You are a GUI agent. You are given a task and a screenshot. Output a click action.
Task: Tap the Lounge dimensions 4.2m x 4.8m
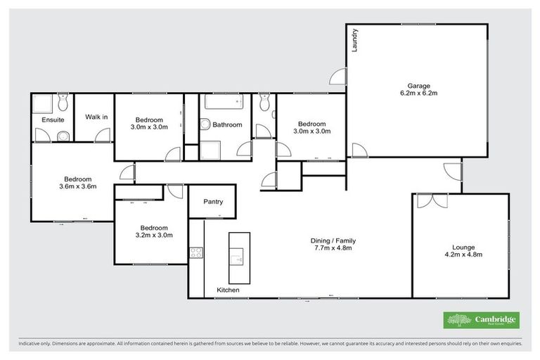point(463,255)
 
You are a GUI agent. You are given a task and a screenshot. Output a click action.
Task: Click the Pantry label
point(213,202)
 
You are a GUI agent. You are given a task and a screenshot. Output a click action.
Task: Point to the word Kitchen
point(228,290)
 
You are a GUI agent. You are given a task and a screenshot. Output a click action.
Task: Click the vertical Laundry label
point(356,41)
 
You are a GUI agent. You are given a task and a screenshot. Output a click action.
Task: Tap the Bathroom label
point(227,125)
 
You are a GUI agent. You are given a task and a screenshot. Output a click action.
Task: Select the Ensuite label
point(53,120)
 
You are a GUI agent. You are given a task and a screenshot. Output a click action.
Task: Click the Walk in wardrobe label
point(96,117)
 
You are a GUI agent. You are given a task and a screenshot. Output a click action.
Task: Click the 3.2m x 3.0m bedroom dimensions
point(153,236)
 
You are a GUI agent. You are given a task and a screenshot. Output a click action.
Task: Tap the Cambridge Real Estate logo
point(482,320)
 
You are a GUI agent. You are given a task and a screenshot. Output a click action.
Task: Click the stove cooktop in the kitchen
point(195,253)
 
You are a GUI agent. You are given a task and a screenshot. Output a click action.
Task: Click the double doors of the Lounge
point(432,200)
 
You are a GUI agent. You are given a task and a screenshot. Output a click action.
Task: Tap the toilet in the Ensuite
point(63,105)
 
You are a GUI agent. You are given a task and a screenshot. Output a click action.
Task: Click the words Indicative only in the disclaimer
point(34,344)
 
